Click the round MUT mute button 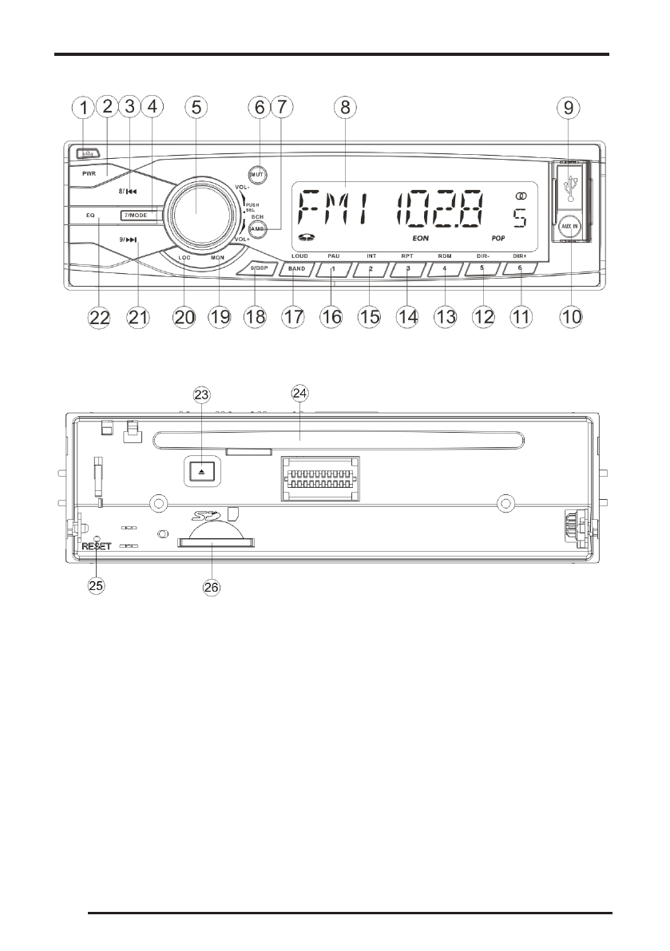point(257,174)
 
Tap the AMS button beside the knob point(257,228)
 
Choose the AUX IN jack point(569,226)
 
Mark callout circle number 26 point(211,587)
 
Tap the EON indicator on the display point(420,239)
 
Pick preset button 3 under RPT point(407,270)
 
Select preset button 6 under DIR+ point(520,270)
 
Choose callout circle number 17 point(295,317)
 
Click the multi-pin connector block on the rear point(319,478)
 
